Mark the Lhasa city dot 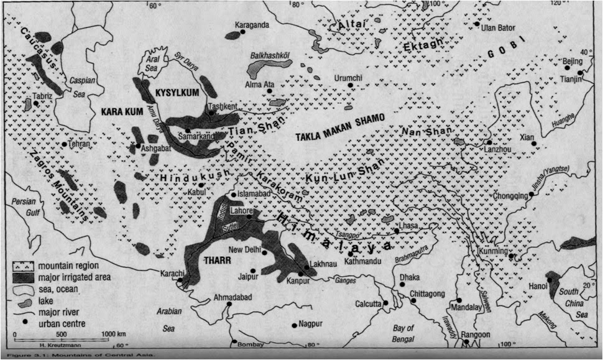(395, 231)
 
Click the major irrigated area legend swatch (22, 277)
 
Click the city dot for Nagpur (294, 325)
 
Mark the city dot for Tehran (64, 144)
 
